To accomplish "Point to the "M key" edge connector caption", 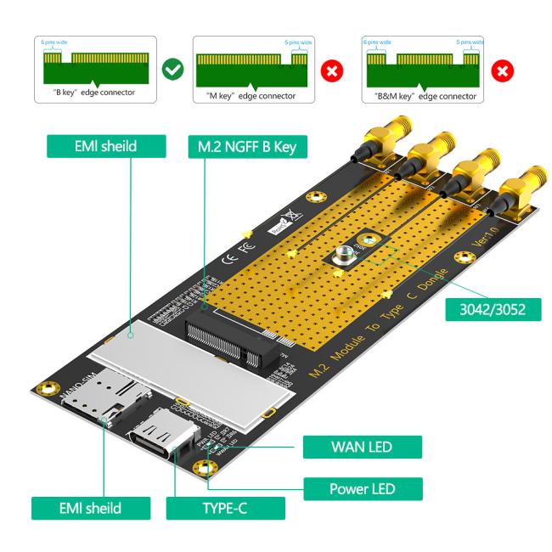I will coord(247,95).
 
